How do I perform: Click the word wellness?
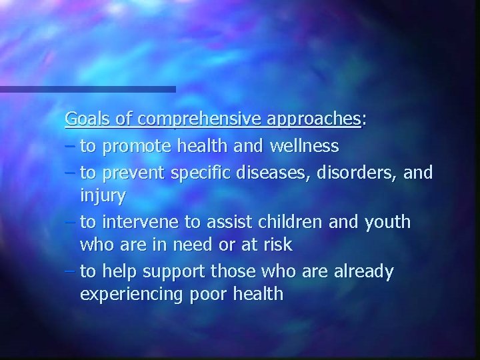click(x=304, y=145)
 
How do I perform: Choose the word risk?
click(x=278, y=245)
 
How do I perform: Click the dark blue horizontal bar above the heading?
click(x=87, y=89)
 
